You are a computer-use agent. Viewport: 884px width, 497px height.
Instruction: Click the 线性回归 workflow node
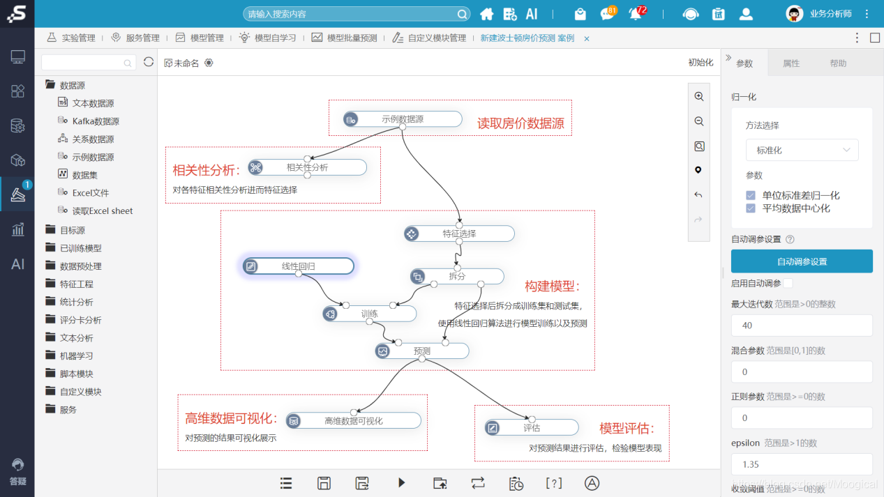[x=298, y=266]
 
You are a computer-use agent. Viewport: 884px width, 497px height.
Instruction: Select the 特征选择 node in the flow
[x=459, y=234]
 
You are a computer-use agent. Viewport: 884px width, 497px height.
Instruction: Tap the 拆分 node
[x=457, y=276]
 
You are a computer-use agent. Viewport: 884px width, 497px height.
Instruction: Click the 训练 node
[x=369, y=314]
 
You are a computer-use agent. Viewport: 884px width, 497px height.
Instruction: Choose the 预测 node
[x=421, y=351]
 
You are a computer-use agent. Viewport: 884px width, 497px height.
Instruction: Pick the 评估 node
[x=532, y=427]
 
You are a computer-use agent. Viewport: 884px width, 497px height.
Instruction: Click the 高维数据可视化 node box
[x=353, y=420]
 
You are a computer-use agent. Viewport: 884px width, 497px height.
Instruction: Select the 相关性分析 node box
[x=307, y=167]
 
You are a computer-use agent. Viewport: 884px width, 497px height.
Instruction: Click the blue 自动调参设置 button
[x=802, y=261]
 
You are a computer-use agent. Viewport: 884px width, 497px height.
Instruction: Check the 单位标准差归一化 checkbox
[x=751, y=196]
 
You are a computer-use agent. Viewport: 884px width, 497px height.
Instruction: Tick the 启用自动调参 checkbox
[x=788, y=283]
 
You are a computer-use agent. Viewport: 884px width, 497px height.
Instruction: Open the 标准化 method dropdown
[x=802, y=150]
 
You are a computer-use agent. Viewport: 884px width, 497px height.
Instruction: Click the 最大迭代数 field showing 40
[x=802, y=326]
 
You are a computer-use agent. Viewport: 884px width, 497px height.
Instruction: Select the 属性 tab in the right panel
[x=791, y=63]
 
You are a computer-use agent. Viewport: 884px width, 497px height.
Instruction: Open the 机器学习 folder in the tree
[x=76, y=355]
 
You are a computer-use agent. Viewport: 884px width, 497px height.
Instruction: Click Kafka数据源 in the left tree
[x=96, y=121]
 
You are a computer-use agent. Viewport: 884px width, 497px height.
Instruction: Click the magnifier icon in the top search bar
[x=463, y=14]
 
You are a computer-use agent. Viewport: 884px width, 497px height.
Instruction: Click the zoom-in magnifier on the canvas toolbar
[x=698, y=97]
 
